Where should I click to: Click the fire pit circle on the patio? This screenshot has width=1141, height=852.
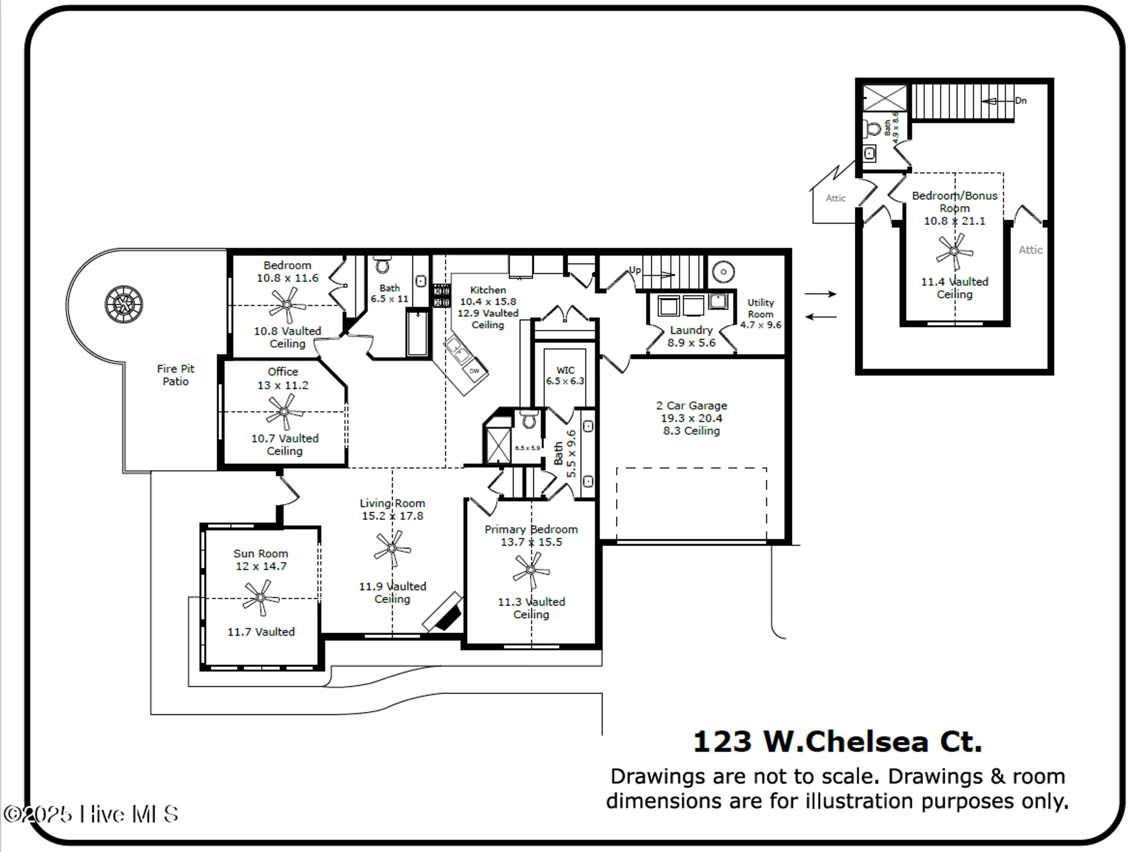[124, 304]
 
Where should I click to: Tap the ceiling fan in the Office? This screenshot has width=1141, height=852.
[284, 412]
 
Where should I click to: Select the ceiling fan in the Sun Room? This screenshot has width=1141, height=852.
[261, 597]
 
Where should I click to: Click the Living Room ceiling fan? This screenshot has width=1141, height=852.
[392, 548]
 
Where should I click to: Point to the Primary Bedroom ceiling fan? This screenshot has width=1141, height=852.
[531, 570]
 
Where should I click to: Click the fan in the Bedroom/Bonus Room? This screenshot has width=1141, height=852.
[954, 251]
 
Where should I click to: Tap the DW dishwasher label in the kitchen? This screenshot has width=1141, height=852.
[474, 371]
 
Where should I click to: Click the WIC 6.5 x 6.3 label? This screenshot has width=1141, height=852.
[565, 375]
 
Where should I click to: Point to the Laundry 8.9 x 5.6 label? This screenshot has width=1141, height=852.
[691, 336]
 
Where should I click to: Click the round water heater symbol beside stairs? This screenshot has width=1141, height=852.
[723, 272]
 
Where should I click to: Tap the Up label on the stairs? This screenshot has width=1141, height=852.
[634, 270]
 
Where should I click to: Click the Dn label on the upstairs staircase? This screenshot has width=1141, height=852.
[1021, 100]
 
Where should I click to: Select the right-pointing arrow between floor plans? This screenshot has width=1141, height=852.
[820, 294]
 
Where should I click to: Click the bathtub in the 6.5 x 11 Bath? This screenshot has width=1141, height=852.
[418, 333]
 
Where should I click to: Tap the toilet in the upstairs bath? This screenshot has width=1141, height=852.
[873, 128]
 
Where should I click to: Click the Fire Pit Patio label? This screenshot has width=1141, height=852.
[176, 375]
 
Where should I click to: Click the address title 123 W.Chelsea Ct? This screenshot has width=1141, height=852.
[837, 741]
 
